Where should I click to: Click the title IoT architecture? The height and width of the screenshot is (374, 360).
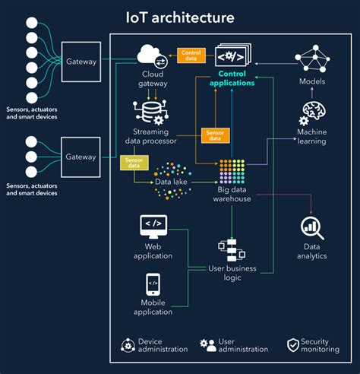[x=180, y=16]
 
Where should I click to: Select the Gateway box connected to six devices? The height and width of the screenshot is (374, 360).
[x=81, y=61]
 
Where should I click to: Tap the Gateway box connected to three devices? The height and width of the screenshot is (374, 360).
[x=81, y=157]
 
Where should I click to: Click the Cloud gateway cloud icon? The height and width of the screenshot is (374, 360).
[x=152, y=55]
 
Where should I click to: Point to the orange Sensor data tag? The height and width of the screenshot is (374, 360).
[x=212, y=135]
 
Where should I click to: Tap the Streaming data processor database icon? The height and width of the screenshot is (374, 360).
[x=150, y=112]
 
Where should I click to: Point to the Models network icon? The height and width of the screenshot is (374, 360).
[x=311, y=58]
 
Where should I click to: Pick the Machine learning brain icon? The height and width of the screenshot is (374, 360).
[x=312, y=112]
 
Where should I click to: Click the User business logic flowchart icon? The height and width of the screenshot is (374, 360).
[x=229, y=250]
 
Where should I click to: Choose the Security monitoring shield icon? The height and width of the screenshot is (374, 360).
[x=292, y=345]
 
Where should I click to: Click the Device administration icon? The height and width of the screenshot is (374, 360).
[x=126, y=345]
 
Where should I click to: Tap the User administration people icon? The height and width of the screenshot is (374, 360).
[x=207, y=345]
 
